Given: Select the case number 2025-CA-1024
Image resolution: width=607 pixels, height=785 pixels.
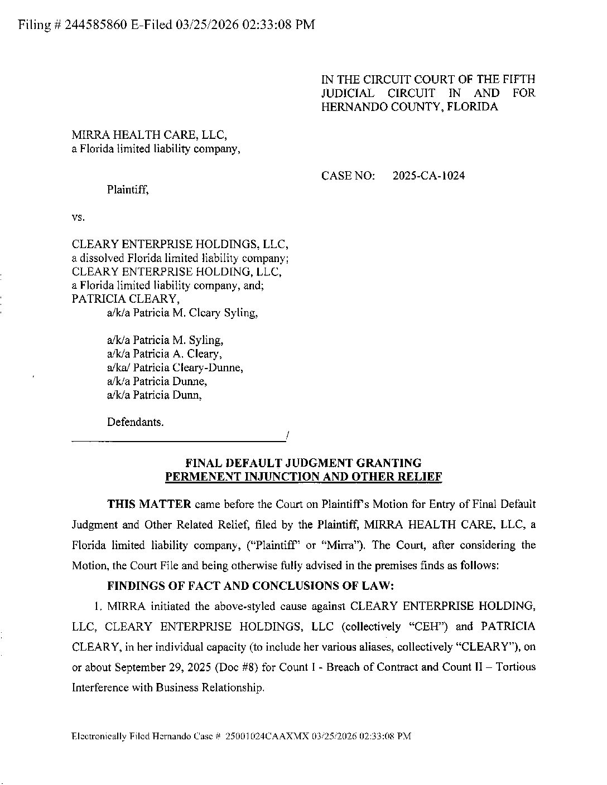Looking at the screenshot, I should click(428, 176).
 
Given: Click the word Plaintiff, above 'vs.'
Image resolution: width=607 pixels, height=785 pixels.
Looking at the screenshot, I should click(128, 190).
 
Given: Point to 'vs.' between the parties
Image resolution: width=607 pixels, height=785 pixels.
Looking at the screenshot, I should click(78, 217).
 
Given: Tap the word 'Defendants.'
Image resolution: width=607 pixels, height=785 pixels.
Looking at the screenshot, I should click(136, 422).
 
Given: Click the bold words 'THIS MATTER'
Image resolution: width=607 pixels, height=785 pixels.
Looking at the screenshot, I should click(149, 505).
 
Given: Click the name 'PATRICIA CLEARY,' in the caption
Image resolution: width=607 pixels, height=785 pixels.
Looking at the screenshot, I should click(116, 299).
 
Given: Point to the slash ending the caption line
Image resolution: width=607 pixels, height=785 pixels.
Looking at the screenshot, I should click(286, 435).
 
